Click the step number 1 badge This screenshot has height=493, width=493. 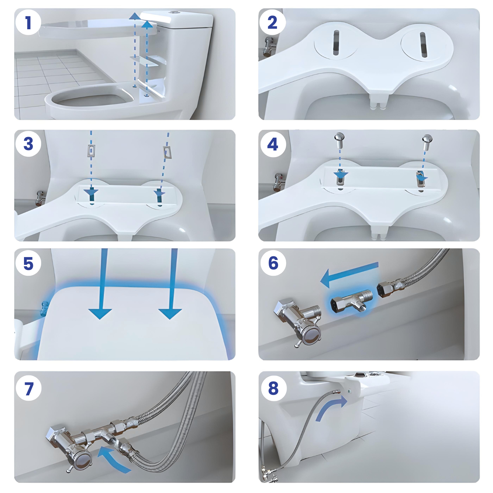28,23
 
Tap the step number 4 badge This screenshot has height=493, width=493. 273,144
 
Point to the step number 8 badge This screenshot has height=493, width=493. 273,388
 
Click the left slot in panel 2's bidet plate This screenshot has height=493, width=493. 336,43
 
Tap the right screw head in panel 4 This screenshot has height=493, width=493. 427,139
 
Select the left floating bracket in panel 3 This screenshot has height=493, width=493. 91,150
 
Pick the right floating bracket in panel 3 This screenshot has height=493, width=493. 168,152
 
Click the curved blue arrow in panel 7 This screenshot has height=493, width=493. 113,458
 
